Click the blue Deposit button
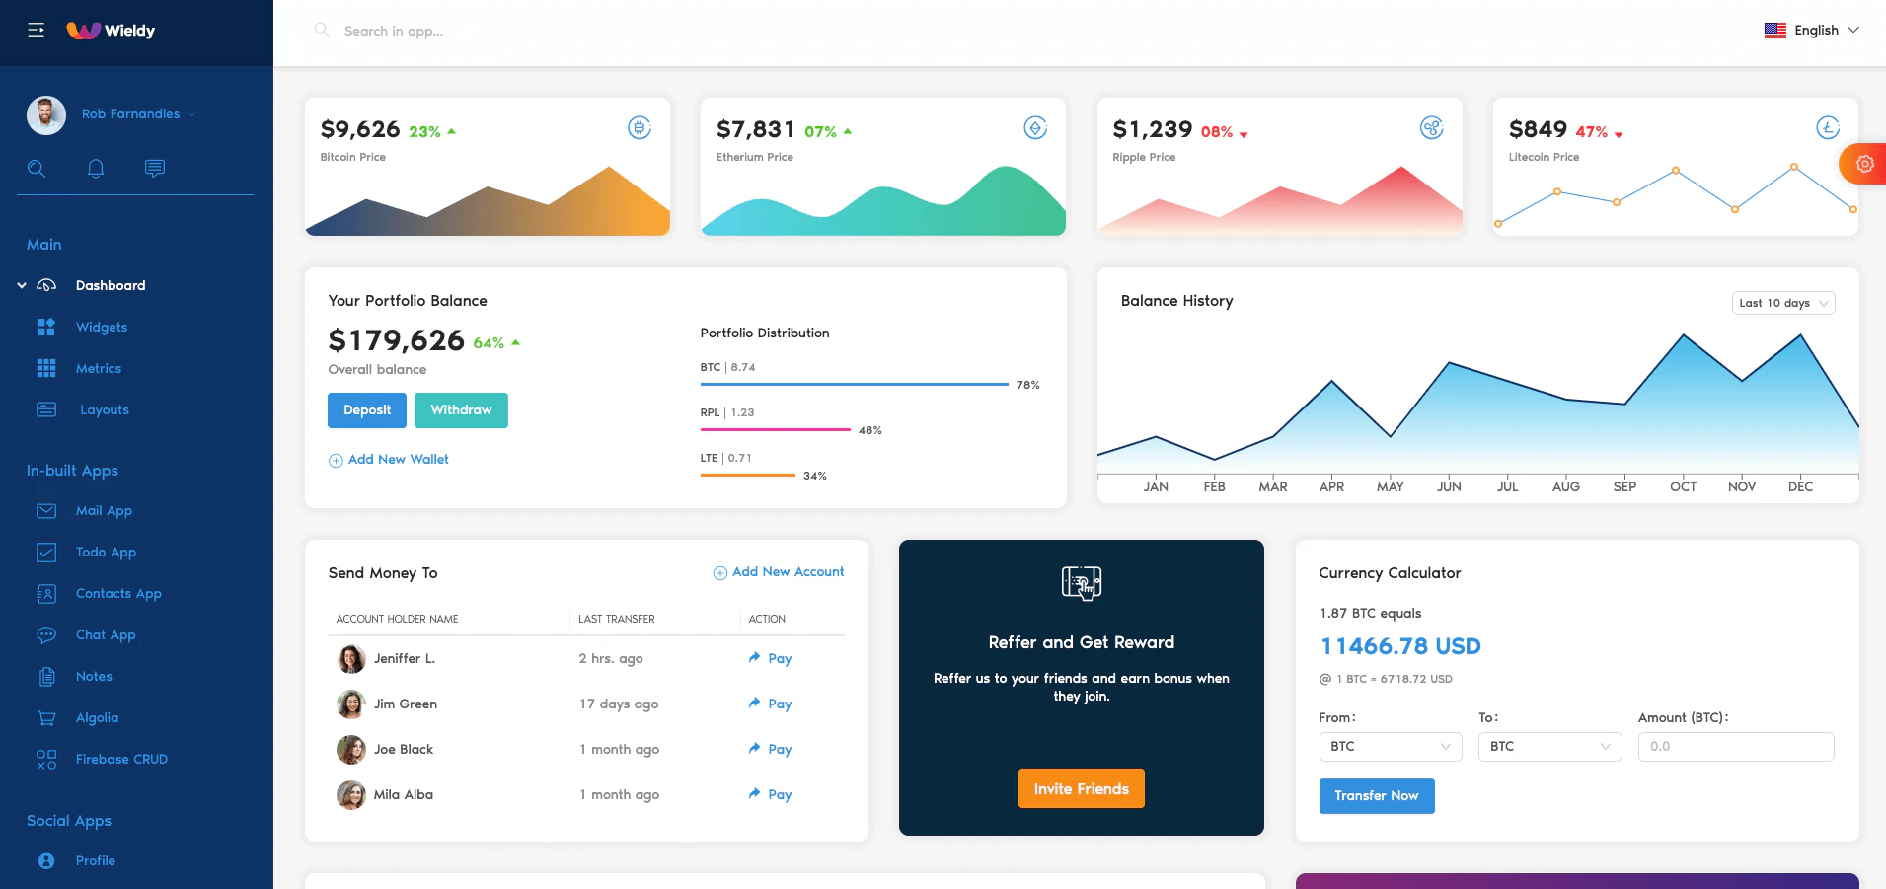(366, 410)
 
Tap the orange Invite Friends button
(1081, 788)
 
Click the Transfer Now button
(1376, 795)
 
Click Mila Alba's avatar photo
(350, 794)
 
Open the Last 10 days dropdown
(1782, 303)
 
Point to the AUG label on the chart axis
(1565, 486)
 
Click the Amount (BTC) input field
(1735, 747)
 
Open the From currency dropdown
(1390, 747)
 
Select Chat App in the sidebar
(106, 635)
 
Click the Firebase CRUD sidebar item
(121, 760)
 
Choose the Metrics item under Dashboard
(99, 369)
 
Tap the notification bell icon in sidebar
(96, 168)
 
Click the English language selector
(1811, 31)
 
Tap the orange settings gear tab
(1863, 164)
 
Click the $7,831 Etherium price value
(755, 129)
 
